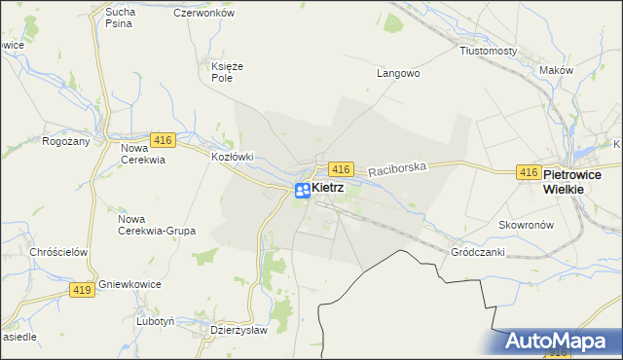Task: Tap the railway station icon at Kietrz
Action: [303, 191]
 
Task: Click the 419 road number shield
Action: [82, 289]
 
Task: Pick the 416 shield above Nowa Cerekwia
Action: [163, 139]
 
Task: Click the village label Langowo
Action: [397, 72]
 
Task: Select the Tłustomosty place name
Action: [489, 51]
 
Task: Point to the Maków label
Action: [556, 70]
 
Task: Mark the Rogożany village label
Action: [66, 141]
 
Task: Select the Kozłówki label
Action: [233, 156]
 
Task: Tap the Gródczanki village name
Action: [477, 251]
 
